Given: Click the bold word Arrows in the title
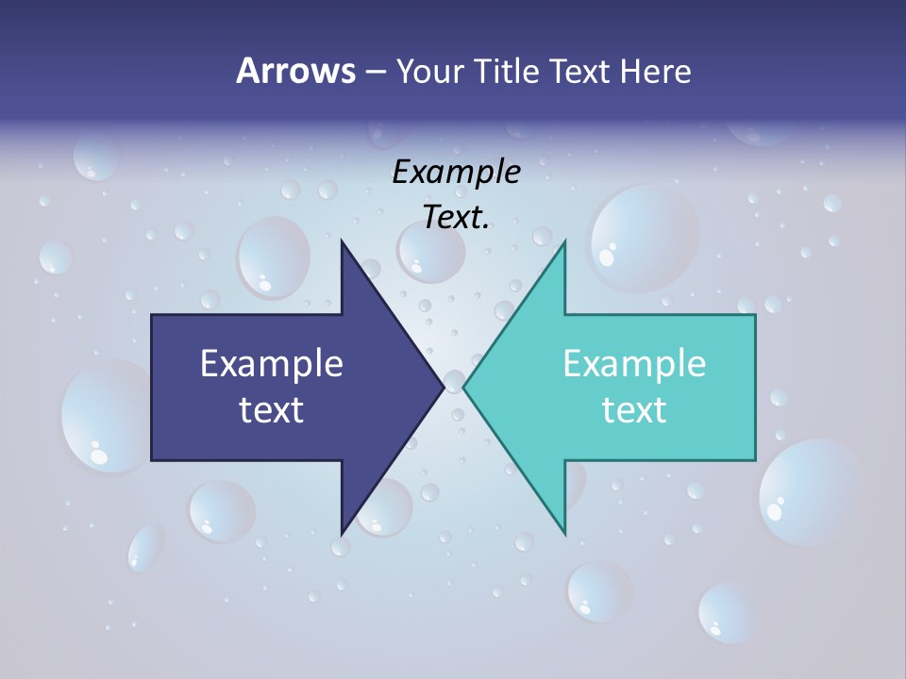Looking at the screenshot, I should pos(294,71).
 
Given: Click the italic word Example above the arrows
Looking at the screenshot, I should pos(456,173).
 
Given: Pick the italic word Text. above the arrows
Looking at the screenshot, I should pos(456,218).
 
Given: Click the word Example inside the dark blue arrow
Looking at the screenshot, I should pos(271,364).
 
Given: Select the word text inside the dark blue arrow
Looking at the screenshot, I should pos(271,410).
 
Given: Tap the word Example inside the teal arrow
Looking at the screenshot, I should pos(634,364).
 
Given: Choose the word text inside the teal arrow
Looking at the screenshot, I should pos(634,410).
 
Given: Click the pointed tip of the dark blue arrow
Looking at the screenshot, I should pos(443,387).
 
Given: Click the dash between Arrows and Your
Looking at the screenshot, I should pos(375,72).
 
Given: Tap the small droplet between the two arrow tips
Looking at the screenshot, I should pos(454,381).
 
